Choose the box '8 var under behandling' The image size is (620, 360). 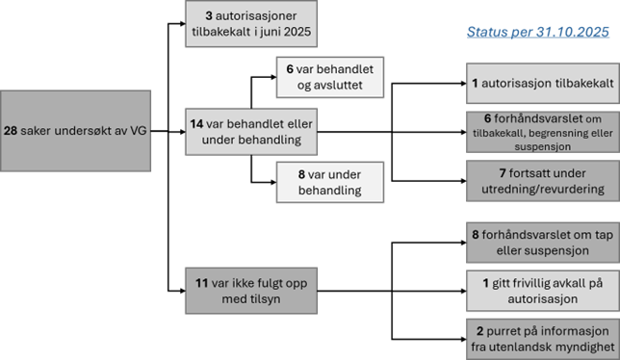point(330,181)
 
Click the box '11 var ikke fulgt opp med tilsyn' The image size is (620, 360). point(251,291)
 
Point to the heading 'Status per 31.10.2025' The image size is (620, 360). point(537,34)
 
